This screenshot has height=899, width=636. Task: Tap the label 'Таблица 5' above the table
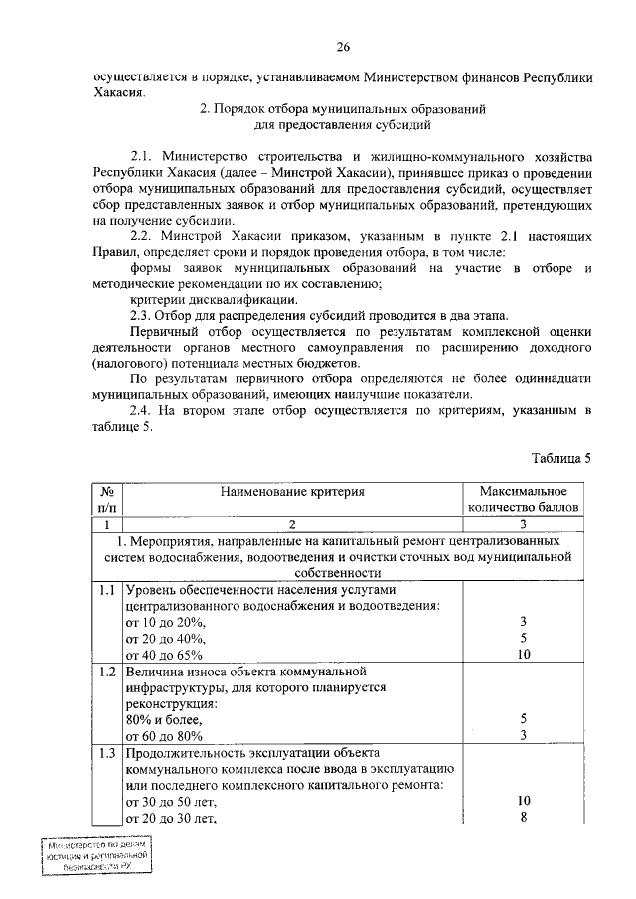pyautogui.click(x=561, y=458)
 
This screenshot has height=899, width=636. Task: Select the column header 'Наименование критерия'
pyautogui.click(x=292, y=491)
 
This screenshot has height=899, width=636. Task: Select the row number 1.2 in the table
pyautogui.click(x=107, y=672)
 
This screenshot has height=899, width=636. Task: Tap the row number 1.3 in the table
pyautogui.click(x=107, y=752)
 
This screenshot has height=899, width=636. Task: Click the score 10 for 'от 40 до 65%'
pyautogui.click(x=523, y=654)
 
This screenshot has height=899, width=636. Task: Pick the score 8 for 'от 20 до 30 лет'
pyautogui.click(x=523, y=817)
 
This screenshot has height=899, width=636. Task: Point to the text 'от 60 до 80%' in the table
pyautogui.click(x=165, y=735)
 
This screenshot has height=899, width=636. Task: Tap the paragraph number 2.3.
pyautogui.click(x=145, y=314)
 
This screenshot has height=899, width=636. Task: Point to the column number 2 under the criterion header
pyautogui.click(x=292, y=524)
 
